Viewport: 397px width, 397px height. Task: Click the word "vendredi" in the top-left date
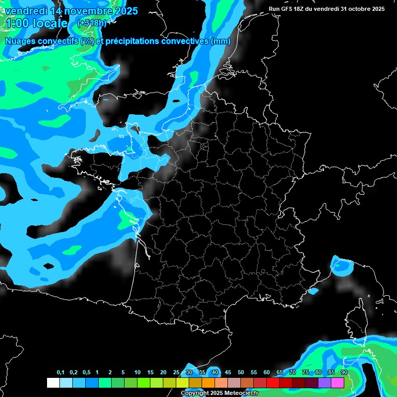click(24, 11)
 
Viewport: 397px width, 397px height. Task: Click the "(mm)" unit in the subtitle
click(221, 41)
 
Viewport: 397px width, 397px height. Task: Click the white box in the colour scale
click(53, 383)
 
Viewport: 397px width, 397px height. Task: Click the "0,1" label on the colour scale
click(60, 373)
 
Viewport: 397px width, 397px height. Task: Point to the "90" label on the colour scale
click(344, 373)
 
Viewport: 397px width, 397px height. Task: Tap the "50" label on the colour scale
click(241, 373)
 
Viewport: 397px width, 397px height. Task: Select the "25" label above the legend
click(176, 373)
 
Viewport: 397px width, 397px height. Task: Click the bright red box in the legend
click(273, 383)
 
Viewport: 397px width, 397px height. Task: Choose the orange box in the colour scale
click(208, 383)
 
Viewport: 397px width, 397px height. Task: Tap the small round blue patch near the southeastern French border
click(342, 266)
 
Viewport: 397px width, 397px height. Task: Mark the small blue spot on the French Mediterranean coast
click(313, 291)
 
